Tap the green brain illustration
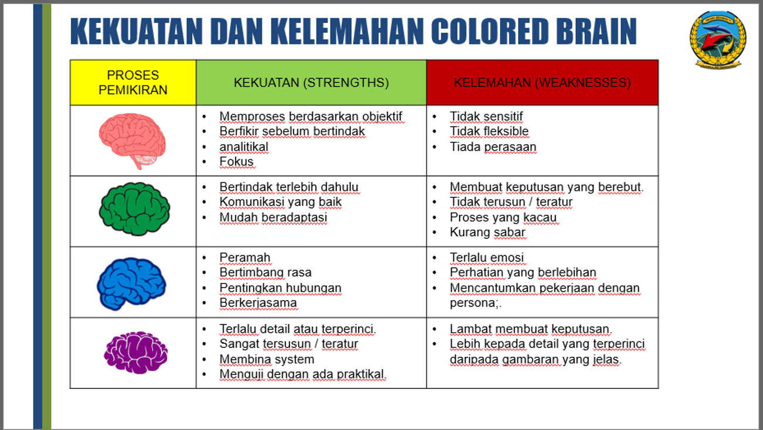[134, 209]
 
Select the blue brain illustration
[131, 284]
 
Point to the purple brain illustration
[135, 352]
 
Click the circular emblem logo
[718, 39]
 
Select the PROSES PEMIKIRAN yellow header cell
[133, 83]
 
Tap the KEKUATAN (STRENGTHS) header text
[311, 83]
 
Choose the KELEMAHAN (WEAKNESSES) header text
[542, 83]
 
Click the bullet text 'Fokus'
[236, 162]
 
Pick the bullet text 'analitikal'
[244, 146]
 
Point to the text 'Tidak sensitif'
[486, 117]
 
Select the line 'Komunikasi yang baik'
[280, 202]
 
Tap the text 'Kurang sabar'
[488, 232]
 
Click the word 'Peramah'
[245, 258]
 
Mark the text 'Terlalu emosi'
[487, 258]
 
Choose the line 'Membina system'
[267, 359]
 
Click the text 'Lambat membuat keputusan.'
[531, 329]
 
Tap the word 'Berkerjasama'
[258, 303]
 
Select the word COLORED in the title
[490, 31]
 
